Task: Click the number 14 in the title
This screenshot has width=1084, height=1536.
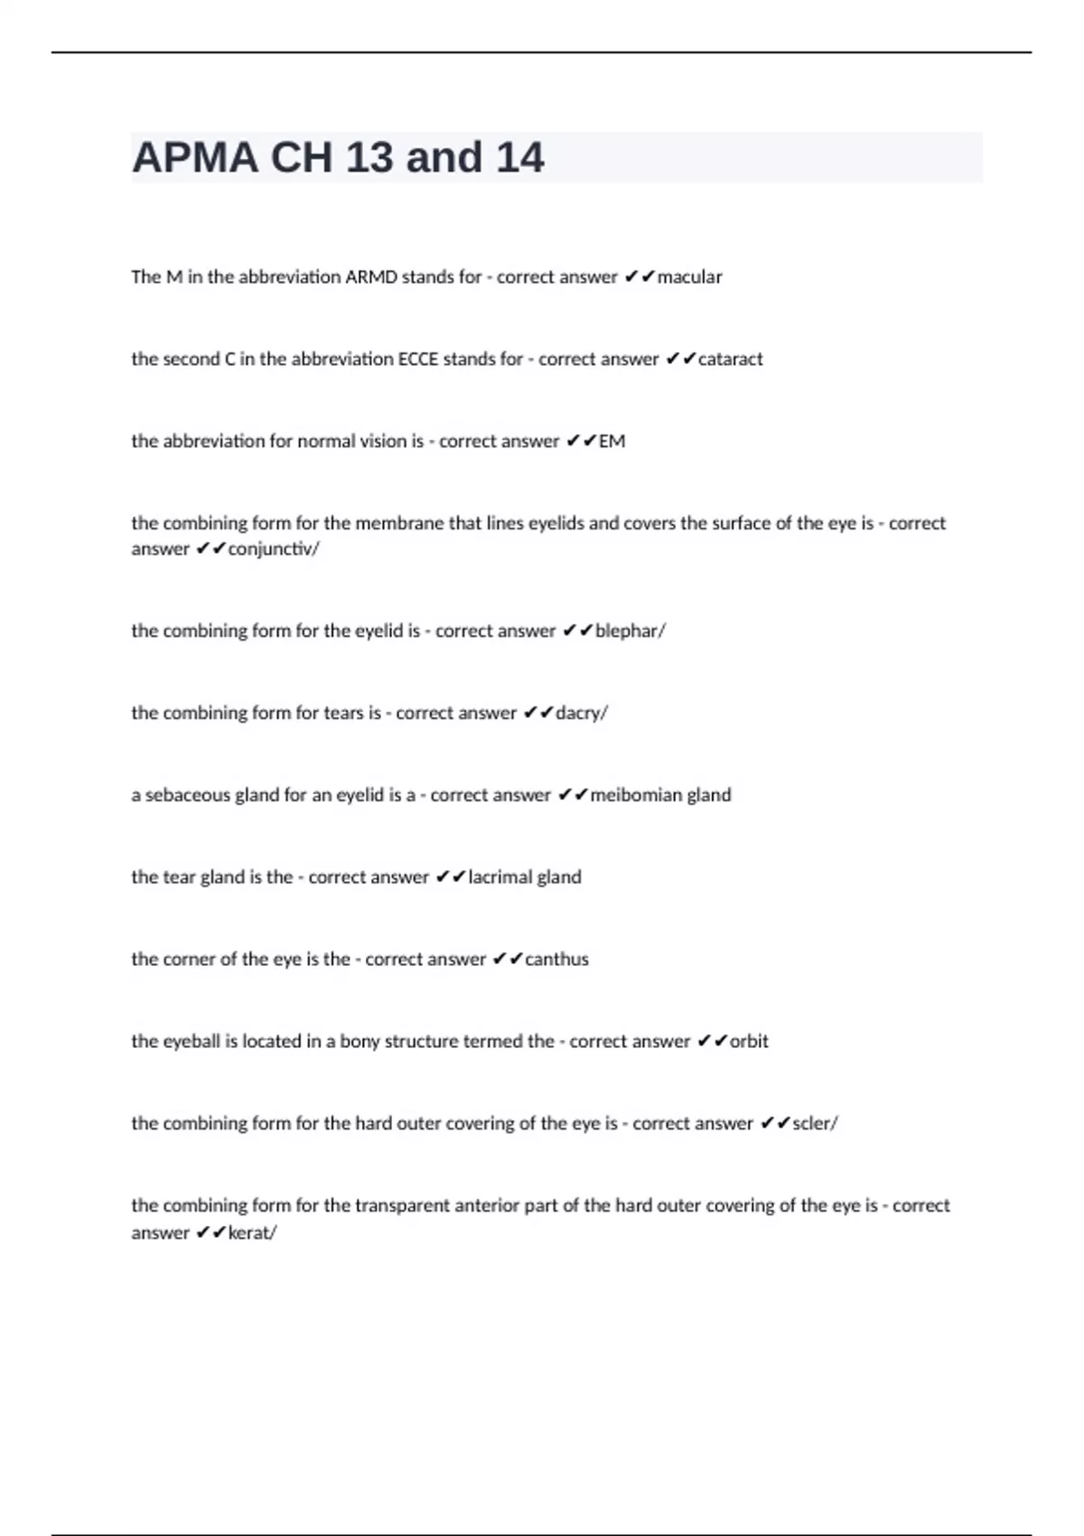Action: click(x=519, y=158)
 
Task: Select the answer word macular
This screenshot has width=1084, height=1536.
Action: click(x=689, y=277)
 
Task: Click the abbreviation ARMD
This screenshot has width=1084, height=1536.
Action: click(x=370, y=277)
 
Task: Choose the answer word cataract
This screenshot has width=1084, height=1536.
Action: click(x=730, y=360)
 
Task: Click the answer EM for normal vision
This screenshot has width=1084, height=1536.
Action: click(x=612, y=442)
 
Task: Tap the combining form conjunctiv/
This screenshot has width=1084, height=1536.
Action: click(x=274, y=549)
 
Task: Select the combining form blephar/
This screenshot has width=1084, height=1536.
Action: click(x=630, y=632)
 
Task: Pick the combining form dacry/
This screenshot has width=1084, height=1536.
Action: click(x=581, y=714)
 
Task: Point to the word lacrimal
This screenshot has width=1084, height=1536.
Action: click(x=500, y=877)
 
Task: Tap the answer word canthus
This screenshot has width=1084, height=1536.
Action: click(x=556, y=960)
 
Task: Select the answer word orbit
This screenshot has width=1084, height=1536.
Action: click(x=749, y=1042)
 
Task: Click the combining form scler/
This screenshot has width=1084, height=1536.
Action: click(x=815, y=1124)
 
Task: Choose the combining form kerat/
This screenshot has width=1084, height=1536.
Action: click(x=252, y=1233)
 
